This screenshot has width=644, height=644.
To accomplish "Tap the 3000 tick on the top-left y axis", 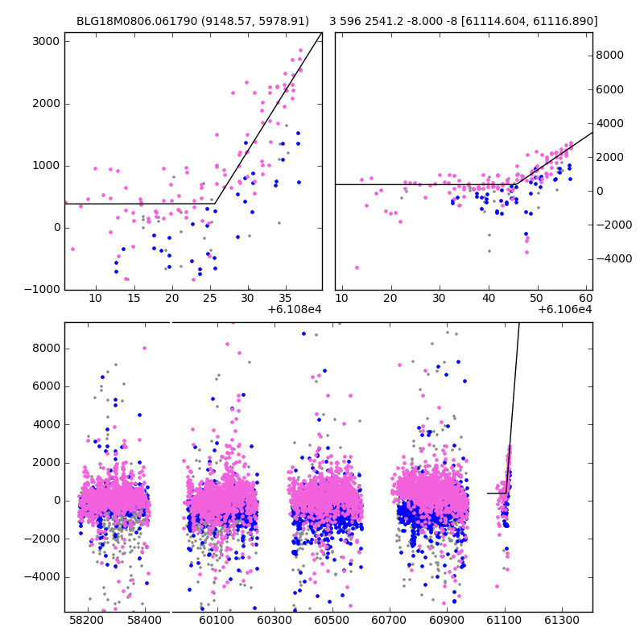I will (46, 42).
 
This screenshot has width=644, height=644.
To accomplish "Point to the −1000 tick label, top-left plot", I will (42, 290).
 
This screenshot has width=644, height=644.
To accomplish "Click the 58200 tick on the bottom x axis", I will (87, 621).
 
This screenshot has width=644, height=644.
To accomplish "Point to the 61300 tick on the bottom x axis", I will (562, 621).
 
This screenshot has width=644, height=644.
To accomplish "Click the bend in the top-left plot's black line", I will (215, 204).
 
